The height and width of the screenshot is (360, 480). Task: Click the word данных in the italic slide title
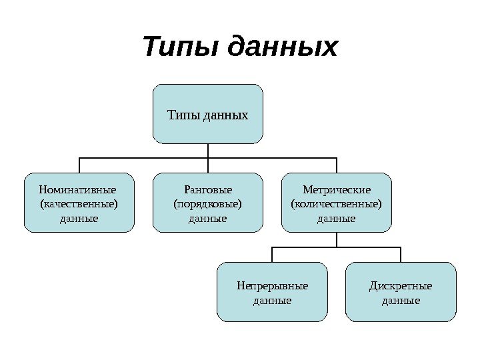283,48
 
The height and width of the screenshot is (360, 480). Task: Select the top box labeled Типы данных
208,114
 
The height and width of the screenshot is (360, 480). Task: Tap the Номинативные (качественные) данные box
79,203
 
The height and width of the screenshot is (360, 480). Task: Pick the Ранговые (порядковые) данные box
208,203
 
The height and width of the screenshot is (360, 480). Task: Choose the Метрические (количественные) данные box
337,203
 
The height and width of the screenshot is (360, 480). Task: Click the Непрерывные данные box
273,292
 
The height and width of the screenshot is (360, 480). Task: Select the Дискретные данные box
401,292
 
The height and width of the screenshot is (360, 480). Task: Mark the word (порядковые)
208,203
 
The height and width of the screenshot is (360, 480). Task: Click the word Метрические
337,189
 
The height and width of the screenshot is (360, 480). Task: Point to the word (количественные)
337,203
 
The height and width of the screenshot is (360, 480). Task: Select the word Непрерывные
273,286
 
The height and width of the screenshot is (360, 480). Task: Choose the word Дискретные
401,286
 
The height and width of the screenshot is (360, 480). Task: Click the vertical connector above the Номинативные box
79,166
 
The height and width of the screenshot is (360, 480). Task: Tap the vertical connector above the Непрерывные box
272,254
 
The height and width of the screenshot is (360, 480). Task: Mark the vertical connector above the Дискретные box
401,254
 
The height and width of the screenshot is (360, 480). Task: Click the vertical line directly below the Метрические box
337,239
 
